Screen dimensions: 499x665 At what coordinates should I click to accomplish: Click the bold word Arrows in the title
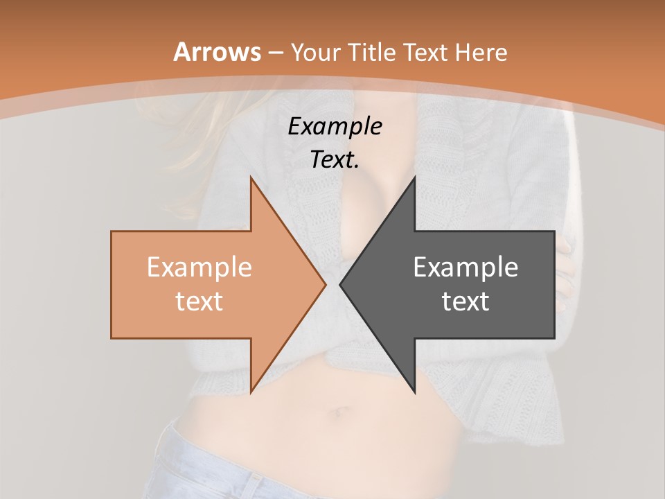coord(217,52)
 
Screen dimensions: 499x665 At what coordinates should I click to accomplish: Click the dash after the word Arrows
coord(275,53)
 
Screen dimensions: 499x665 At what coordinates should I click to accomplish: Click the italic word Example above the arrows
coord(335,127)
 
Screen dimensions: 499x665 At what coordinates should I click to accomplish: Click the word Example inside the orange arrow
coord(199,268)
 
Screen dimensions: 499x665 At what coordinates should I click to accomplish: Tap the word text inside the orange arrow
coord(199,301)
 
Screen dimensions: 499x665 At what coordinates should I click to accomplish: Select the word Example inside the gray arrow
coord(465,268)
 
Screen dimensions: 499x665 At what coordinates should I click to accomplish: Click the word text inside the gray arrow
coord(465,301)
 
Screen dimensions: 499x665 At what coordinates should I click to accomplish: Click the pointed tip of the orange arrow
coord(326,284)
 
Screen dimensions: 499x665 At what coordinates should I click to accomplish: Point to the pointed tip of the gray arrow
coord(340,284)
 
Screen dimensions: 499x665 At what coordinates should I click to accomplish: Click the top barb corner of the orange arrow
coord(251,179)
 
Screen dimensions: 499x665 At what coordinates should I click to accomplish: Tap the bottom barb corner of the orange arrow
coord(251,392)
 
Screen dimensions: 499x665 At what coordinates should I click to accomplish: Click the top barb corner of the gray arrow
coord(414,179)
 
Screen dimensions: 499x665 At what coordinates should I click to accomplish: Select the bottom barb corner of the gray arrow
coord(414,392)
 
